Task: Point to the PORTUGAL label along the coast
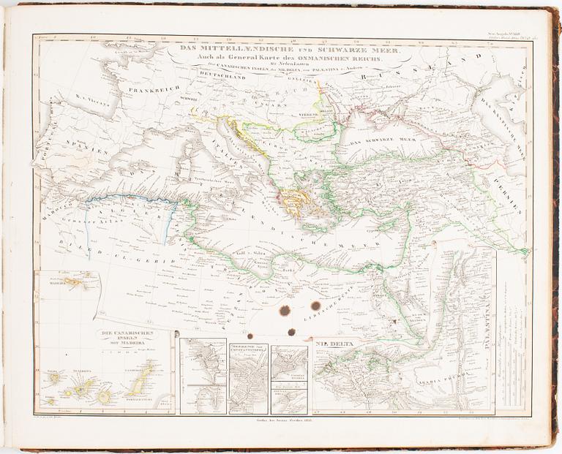point(44,157)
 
